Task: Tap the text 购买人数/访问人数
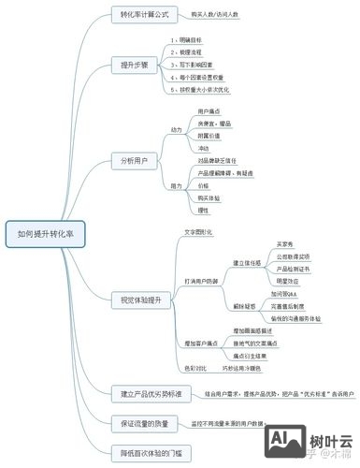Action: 216,15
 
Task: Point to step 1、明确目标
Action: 194,41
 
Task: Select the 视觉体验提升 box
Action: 143,300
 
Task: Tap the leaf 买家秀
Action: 286,243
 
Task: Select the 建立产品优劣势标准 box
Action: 151,392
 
